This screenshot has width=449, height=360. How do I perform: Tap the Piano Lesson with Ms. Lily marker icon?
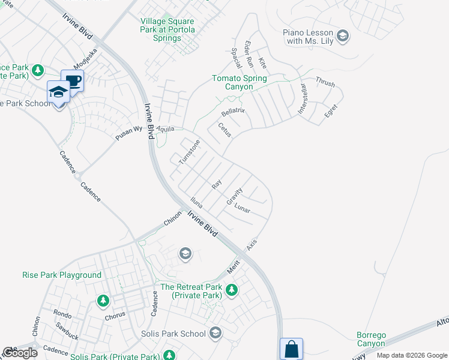click(x=343, y=36)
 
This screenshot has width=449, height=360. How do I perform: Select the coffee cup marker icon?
click(x=73, y=80)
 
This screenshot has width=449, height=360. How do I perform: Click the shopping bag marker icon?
click(x=291, y=349)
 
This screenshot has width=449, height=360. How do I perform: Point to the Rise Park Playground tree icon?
click(x=103, y=299)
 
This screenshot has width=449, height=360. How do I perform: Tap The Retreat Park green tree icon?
click(x=231, y=291)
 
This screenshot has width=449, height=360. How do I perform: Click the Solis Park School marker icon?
click(x=216, y=333)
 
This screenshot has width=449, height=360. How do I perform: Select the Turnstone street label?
click(x=188, y=152)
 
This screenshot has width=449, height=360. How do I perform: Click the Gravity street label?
click(x=234, y=196)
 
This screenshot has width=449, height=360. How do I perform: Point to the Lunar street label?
click(x=242, y=210)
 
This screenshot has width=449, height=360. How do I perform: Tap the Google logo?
click(x=20, y=353)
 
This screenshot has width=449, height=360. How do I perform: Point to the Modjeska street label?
click(x=85, y=58)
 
